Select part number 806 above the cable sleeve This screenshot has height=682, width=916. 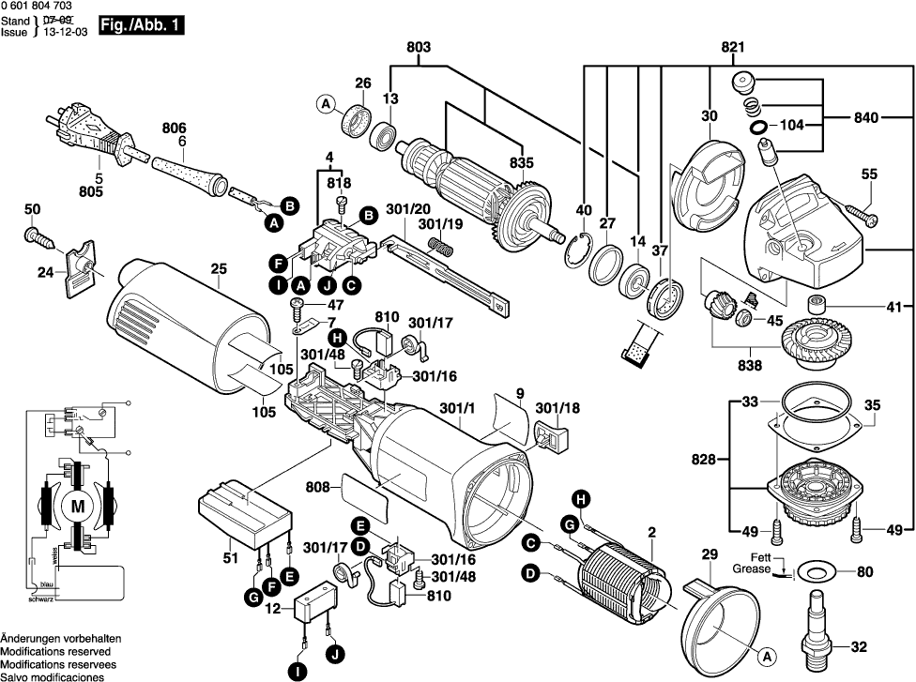175,129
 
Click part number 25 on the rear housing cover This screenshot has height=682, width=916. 219,269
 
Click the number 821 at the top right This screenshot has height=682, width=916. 732,47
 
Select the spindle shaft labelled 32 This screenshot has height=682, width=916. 815,625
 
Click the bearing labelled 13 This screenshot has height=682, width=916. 383,134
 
